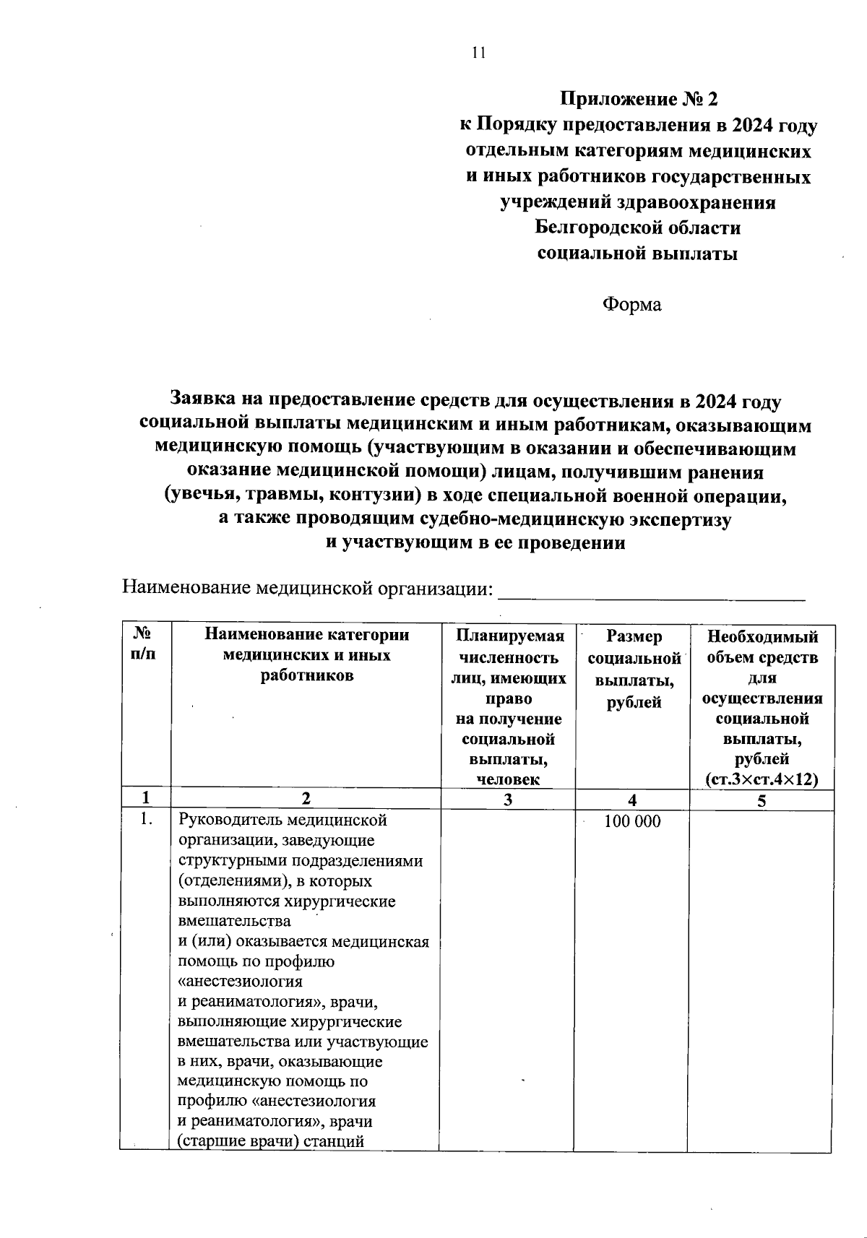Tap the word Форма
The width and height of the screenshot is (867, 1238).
[x=632, y=305]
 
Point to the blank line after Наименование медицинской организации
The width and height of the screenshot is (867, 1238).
[x=653, y=592]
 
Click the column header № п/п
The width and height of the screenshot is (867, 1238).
[x=144, y=644]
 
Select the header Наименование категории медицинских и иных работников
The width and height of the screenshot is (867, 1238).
[x=306, y=655]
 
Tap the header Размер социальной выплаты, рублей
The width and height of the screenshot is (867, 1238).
[x=634, y=668]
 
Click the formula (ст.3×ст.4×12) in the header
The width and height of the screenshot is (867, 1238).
[x=762, y=779]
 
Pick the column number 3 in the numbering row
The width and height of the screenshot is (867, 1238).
[x=508, y=800]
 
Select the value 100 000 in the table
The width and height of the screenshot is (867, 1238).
[x=632, y=822]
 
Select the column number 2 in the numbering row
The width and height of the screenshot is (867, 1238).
[x=306, y=800]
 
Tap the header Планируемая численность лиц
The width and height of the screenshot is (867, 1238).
[x=509, y=657]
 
